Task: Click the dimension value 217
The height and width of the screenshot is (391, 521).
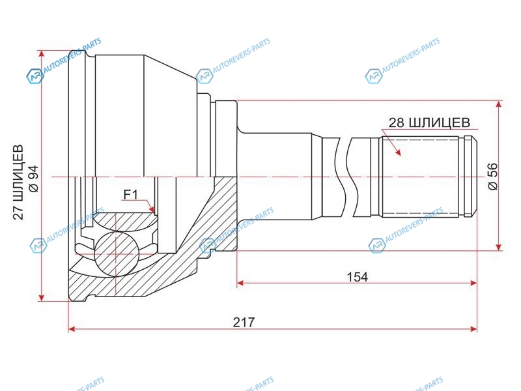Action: click(x=244, y=322)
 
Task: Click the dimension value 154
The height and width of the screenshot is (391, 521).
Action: click(x=357, y=276)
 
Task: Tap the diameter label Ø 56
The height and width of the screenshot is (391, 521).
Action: click(x=493, y=177)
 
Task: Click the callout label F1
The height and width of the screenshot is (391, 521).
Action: click(x=130, y=194)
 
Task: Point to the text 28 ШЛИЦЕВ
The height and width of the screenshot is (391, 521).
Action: click(x=429, y=123)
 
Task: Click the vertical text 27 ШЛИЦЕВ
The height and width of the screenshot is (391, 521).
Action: click(x=19, y=182)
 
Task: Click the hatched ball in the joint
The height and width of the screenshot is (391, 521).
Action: click(x=116, y=254)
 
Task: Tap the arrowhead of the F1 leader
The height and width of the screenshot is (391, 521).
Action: click(x=152, y=209)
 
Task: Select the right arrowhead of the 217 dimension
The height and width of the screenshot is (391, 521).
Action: click(x=473, y=329)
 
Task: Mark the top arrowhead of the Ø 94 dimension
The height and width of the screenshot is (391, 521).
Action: click(x=41, y=55)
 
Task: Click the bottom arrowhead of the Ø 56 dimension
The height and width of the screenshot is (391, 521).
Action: click(x=498, y=246)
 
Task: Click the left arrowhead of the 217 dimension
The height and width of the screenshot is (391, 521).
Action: click(x=72, y=329)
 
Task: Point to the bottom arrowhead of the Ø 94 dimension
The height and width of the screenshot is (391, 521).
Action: click(x=41, y=297)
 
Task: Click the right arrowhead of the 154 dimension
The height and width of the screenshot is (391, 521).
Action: click(x=473, y=283)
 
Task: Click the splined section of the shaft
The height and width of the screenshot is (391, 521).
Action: click(x=420, y=177)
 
